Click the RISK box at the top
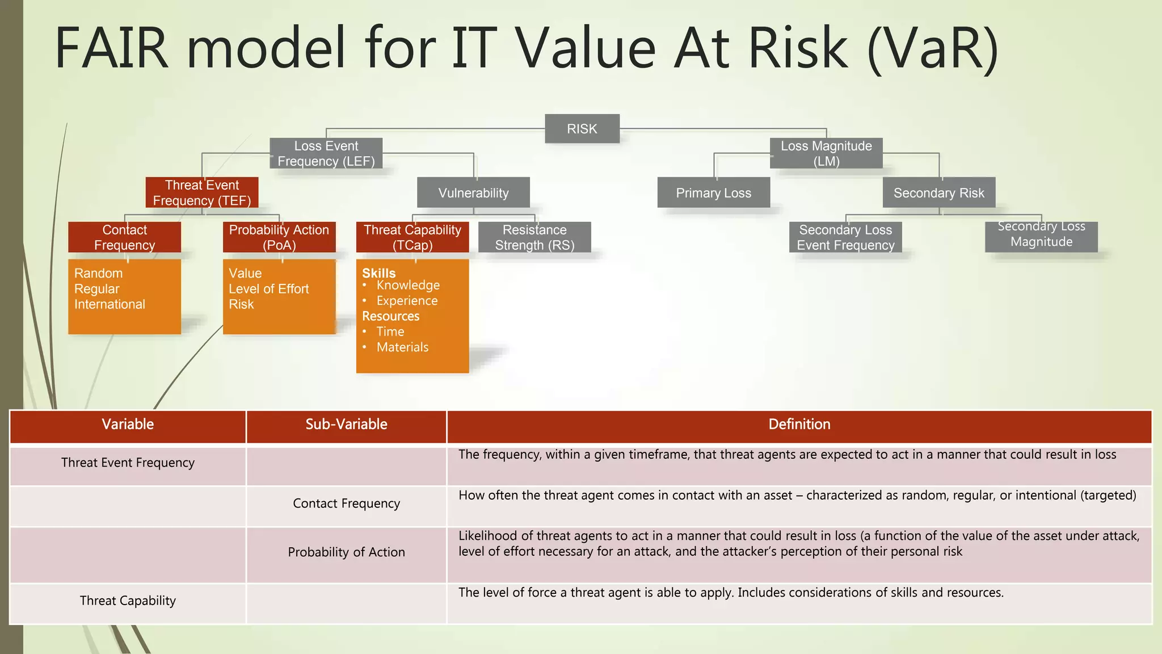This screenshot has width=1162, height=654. pyautogui.click(x=582, y=129)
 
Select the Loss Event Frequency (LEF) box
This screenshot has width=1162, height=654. pyautogui.click(x=326, y=154)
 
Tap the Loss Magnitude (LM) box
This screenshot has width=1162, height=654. pyautogui.click(x=826, y=154)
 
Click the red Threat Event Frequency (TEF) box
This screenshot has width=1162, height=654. pyautogui.click(x=202, y=193)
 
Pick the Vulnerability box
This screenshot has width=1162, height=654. pyautogui.click(x=473, y=193)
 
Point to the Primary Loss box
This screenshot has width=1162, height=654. pyautogui.click(x=713, y=193)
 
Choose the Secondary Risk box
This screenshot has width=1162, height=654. pyautogui.click(x=939, y=193)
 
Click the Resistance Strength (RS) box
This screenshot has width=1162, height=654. pyautogui.click(x=534, y=237)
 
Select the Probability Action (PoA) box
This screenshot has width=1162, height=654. pyautogui.click(x=279, y=237)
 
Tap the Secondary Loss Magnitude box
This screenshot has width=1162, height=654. pyautogui.click(x=1041, y=235)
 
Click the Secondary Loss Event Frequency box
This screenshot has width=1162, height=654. pyautogui.click(x=845, y=237)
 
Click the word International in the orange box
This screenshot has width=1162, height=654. pyautogui.click(x=110, y=304)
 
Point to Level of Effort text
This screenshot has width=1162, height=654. pyautogui.click(x=268, y=289)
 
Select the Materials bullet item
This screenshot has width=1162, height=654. pyautogui.click(x=402, y=347)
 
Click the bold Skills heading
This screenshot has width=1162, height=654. pyautogui.click(x=379, y=273)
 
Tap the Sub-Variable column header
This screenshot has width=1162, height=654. pyautogui.click(x=346, y=424)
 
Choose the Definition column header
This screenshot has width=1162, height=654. pyautogui.click(x=799, y=424)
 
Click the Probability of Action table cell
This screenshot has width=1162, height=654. pyautogui.click(x=346, y=552)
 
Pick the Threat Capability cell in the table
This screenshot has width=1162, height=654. pyautogui.click(x=128, y=601)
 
